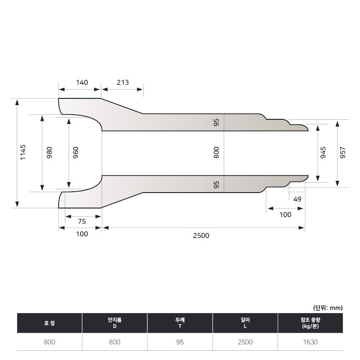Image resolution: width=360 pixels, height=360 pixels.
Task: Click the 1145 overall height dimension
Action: pos(23,152)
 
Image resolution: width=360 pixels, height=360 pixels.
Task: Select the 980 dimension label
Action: pos(49,152)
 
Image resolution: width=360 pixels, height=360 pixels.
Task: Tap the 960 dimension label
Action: pos(75,152)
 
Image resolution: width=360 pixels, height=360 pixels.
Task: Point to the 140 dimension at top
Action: pos(82,82)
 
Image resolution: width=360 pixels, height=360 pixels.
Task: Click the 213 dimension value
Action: pos(123,82)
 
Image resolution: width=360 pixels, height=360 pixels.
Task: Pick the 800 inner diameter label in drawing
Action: pos(216,152)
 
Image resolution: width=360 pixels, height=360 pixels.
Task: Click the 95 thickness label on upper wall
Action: pos(216,122)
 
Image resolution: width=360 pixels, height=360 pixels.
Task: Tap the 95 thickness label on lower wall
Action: pos(216,185)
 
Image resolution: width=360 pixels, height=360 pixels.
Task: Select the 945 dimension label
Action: pos(323,152)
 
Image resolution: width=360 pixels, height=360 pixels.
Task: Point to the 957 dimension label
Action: pos(342,152)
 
